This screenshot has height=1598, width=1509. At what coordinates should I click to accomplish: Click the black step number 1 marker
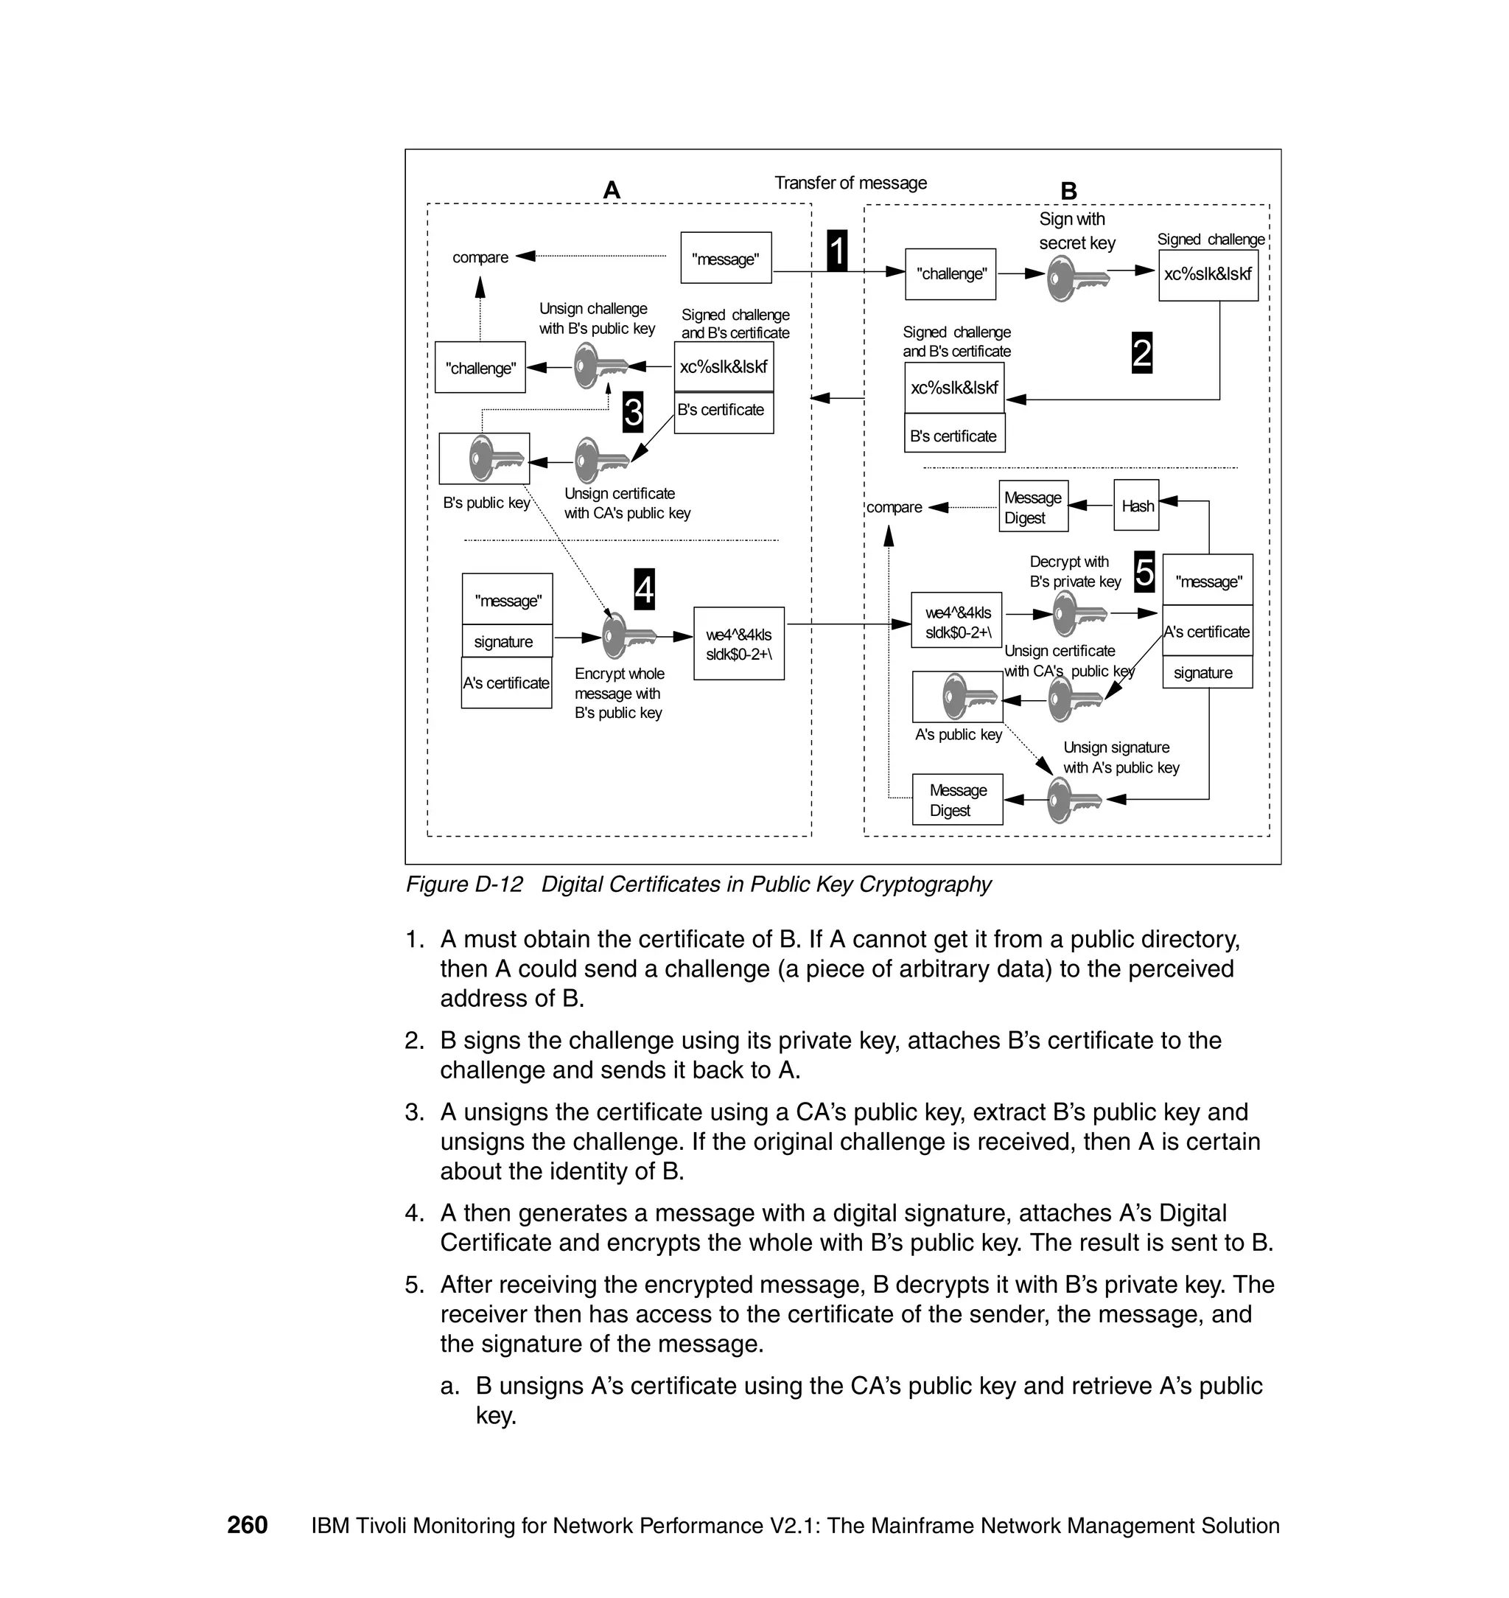tap(836, 251)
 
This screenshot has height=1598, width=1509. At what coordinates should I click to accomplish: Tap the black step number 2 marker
tap(1141, 353)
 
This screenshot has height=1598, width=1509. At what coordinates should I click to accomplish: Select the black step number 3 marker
tap(633, 412)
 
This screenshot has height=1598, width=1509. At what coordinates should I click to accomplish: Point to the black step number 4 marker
tap(644, 589)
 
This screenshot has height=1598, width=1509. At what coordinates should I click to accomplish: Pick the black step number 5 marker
tap(1144, 572)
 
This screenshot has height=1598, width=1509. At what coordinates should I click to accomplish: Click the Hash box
tap(1137, 506)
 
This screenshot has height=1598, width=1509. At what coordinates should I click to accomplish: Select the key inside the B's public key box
tap(493, 458)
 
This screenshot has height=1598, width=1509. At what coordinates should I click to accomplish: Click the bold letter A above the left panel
tap(612, 191)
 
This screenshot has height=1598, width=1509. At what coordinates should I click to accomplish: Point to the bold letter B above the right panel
tap(1068, 192)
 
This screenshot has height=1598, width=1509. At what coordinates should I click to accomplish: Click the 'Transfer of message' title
tap(850, 183)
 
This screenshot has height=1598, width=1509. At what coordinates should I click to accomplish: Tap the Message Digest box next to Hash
tap(1033, 507)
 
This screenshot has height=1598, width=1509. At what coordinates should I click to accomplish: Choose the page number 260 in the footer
tap(247, 1525)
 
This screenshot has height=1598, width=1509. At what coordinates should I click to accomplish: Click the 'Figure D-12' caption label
tap(464, 885)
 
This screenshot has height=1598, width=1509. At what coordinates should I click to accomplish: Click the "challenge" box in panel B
tap(950, 273)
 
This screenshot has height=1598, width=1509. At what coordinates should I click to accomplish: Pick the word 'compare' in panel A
tap(480, 257)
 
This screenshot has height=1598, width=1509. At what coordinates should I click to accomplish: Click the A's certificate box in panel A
tap(506, 683)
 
